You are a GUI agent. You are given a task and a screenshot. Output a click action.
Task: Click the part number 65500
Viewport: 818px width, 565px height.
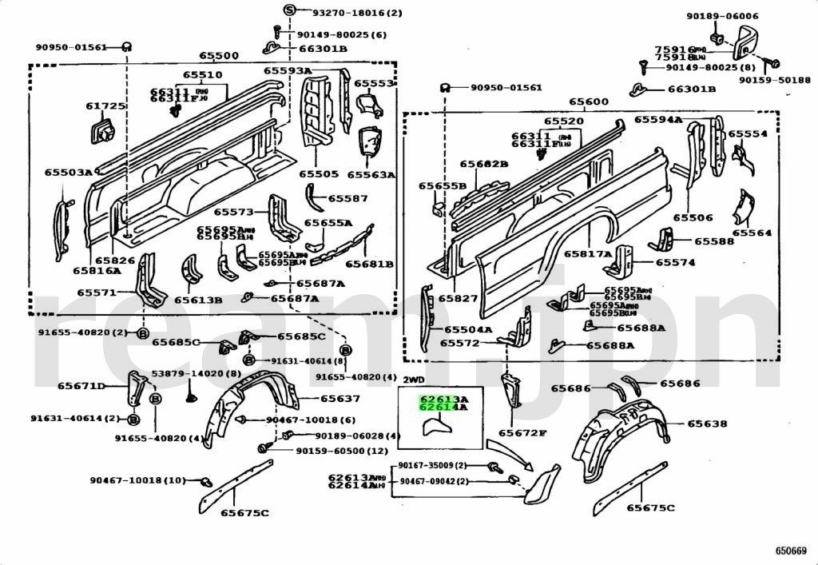219,56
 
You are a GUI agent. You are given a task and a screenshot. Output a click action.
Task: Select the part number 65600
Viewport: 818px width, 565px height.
589,102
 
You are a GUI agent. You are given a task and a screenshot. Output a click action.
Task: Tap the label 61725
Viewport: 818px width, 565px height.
105,106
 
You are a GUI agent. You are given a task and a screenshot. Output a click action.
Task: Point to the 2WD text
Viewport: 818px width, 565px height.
413,380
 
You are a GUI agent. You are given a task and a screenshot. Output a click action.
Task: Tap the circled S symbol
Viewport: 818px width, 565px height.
289,10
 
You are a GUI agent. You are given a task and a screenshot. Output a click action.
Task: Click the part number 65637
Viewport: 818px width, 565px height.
340,398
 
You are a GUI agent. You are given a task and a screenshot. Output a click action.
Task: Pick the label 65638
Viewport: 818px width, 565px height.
708,424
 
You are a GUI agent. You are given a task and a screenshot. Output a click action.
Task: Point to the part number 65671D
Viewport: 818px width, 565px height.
81,386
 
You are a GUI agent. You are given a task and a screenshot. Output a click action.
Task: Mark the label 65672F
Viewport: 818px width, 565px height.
522,433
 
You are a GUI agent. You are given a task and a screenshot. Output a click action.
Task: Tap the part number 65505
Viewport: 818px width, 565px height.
319,173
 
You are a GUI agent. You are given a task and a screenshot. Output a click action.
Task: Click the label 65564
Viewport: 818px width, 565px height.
752,233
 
